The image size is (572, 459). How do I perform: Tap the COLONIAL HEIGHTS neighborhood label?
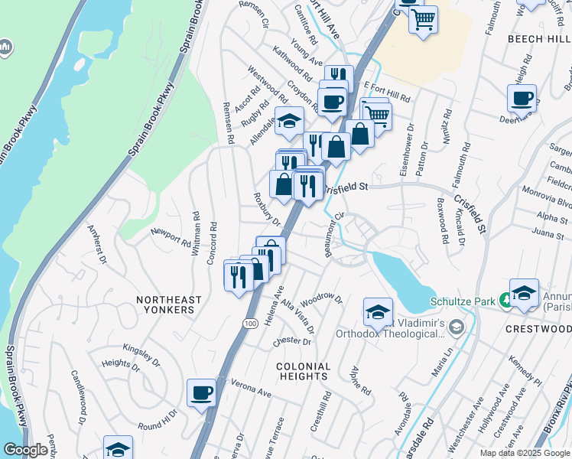click(x=304, y=372)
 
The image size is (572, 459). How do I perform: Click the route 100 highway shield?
click(x=251, y=324)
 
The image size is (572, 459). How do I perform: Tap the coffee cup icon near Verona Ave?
click(x=202, y=393)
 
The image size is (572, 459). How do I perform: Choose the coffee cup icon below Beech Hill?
click(x=522, y=98)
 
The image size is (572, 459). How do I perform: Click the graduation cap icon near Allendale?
click(x=289, y=121)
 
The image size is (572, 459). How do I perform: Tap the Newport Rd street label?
click(x=171, y=237)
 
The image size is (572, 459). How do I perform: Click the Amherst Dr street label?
click(x=96, y=243)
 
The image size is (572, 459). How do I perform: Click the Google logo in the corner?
click(x=26, y=451)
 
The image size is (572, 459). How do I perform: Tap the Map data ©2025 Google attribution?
click(x=524, y=453)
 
